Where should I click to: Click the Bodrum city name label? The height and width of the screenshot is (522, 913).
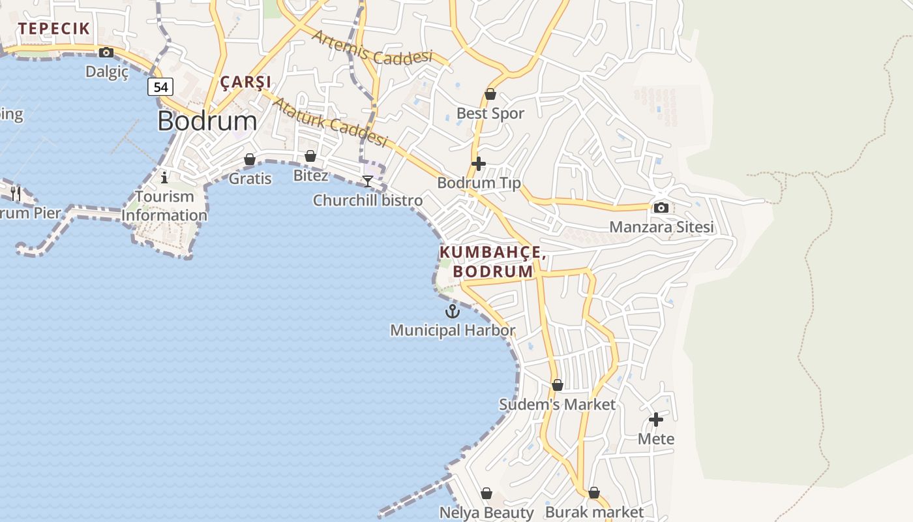click(207, 121)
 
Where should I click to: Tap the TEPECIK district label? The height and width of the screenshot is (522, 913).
click(53, 29)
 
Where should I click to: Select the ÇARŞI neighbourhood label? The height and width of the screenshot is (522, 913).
click(245, 82)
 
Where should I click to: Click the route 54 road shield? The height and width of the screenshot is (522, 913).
click(160, 87)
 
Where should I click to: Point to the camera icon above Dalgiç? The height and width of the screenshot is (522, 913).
click(106, 53)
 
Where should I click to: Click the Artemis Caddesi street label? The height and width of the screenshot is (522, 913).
click(372, 48)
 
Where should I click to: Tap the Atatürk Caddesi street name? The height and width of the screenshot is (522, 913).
click(329, 122)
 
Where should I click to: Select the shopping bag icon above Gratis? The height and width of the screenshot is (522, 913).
click(250, 159)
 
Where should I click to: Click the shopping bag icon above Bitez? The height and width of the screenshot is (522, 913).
click(310, 156)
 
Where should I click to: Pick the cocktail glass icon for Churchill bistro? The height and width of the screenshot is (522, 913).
click(368, 181)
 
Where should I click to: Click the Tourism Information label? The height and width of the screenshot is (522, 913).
click(164, 206)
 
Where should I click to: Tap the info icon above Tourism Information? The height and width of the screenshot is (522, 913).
click(164, 177)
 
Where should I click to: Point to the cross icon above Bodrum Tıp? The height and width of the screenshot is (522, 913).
click(479, 164)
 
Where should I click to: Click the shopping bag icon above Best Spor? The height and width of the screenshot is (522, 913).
click(490, 95)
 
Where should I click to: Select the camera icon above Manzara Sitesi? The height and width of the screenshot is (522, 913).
click(661, 207)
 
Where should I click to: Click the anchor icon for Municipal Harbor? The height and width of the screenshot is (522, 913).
click(453, 311)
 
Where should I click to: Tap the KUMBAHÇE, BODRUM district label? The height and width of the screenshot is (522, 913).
click(492, 262)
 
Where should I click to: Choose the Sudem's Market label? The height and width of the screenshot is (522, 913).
click(557, 405)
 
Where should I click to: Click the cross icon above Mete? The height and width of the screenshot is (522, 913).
click(656, 420)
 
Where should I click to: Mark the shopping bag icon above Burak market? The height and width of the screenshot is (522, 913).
click(594, 493)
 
